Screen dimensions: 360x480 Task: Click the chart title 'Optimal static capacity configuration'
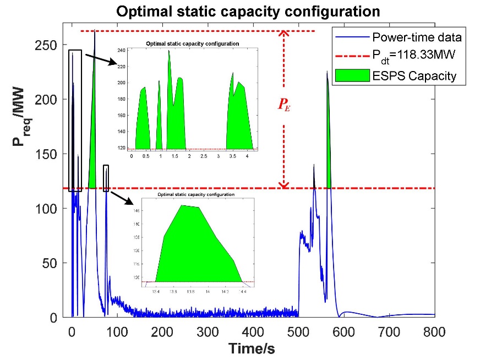(240, 11)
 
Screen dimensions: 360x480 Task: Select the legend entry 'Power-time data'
(417, 38)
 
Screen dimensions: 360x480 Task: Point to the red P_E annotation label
(284, 105)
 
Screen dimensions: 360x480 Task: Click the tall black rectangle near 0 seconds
(75, 121)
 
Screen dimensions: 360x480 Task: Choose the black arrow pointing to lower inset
(122, 197)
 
